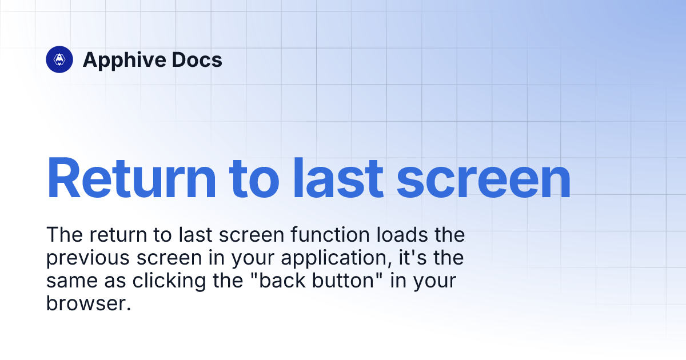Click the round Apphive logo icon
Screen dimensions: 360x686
[59, 59]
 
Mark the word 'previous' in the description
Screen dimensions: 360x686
[87, 258]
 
